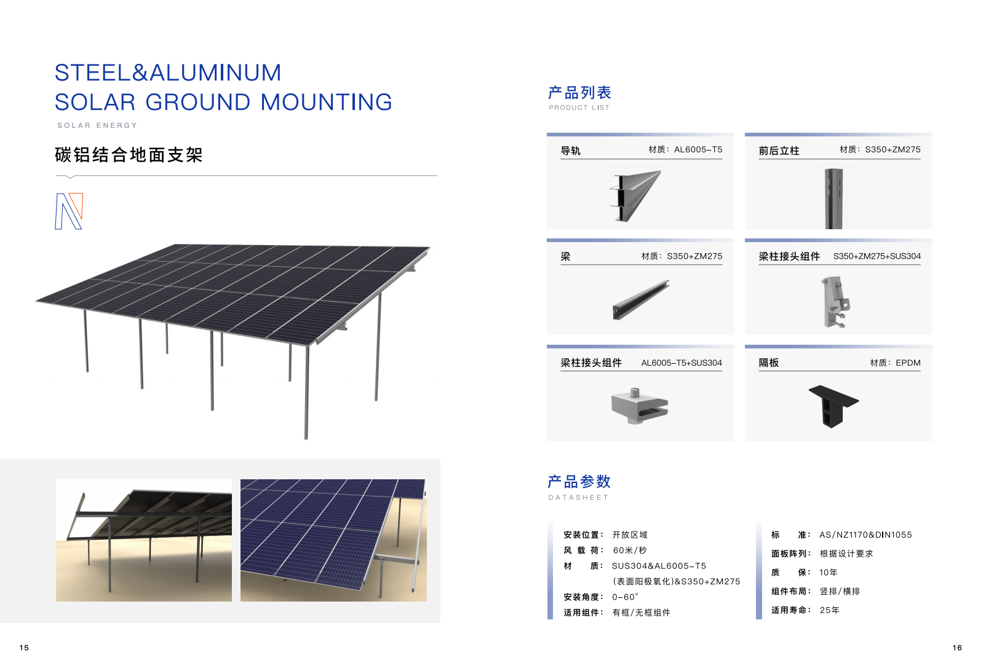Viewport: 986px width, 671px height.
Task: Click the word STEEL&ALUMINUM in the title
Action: click(x=168, y=73)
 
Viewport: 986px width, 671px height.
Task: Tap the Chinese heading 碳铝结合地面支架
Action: click(x=129, y=155)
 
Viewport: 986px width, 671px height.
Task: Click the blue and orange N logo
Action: click(x=69, y=211)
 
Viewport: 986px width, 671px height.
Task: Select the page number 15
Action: click(x=24, y=648)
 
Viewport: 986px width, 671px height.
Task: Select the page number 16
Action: click(x=957, y=648)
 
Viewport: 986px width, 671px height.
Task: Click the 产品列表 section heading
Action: click(x=579, y=93)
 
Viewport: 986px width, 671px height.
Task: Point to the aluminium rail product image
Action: click(x=635, y=196)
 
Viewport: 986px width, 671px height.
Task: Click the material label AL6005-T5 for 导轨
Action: click(x=698, y=149)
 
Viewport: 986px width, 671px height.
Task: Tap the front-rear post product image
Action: click(x=833, y=198)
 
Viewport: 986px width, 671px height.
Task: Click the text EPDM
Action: click(x=908, y=363)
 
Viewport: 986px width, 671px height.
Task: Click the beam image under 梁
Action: click(x=640, y=300)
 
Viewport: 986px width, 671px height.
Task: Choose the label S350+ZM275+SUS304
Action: click(x=877, y=256)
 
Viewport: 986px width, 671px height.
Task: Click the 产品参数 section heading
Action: click(x=579, y=482)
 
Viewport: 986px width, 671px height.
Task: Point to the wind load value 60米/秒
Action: click(x=629, y=551)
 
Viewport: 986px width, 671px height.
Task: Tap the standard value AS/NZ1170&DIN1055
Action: click(x=865, y=535)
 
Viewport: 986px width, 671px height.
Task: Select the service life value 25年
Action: click(x=829, y=610)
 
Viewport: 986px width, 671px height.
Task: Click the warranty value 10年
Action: click(x=828, y=573)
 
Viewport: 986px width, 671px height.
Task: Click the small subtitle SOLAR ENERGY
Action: click(x=97, y=125)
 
